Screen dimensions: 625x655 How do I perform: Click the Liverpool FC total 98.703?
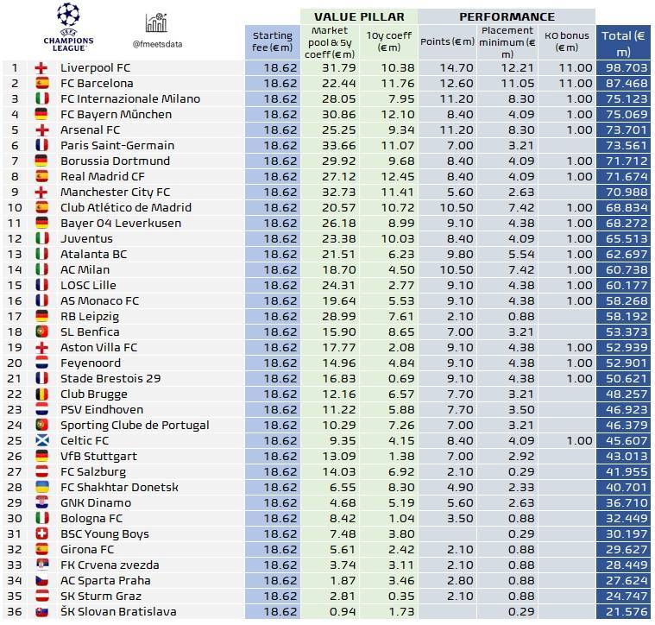pos(625,67)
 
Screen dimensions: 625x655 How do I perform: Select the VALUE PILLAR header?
pos(358,16)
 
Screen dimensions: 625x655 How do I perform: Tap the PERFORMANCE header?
pos(507,16)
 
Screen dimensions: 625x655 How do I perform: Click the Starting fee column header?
pos(273,41)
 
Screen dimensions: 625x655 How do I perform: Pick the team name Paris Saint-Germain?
pos(117,145)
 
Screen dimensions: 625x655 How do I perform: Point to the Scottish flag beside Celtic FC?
pos(41,440)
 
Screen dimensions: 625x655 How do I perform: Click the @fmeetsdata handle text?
pos(157,43)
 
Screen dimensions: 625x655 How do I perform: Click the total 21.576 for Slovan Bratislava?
pos(625,611)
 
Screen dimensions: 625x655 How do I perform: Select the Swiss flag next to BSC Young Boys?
pos(41,533)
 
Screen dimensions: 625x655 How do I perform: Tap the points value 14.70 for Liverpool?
pos(448,67)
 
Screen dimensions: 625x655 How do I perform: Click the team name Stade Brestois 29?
pos(110,378)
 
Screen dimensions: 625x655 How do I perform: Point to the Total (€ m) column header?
pos(625,41)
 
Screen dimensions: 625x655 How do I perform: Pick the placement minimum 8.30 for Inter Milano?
pos(507,98)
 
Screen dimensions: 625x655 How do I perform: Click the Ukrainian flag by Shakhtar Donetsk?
pos(41,487)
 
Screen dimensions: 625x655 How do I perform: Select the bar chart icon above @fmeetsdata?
pos(156,23)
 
